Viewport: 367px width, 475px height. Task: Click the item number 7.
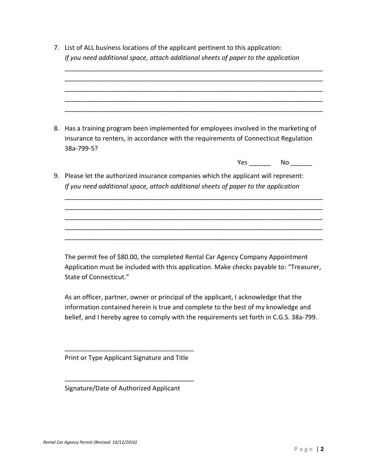coord(56,48)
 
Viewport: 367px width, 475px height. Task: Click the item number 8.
coord(56,128)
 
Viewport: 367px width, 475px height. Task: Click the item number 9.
coord(56,176)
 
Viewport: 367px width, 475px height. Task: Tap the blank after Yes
coord(260,163)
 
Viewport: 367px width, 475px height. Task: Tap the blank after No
coord(301,163)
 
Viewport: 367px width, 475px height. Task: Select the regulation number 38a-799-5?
coord(81,148)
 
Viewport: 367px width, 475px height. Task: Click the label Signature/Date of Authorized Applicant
coord(122,388)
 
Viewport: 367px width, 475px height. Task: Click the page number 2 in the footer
coord(322,449)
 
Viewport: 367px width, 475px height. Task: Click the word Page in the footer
coord(304,449)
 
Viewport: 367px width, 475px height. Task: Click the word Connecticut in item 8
coord(262,138)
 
